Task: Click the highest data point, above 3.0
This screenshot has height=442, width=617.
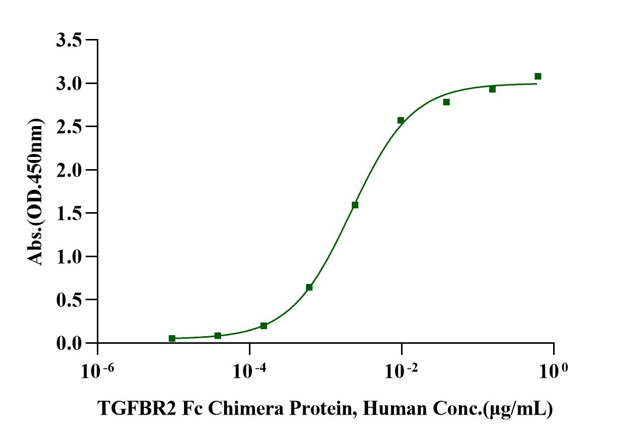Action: click(538, 76)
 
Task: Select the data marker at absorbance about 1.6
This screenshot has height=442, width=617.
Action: click(355, 205)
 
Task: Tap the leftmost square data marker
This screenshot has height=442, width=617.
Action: click(172, 338)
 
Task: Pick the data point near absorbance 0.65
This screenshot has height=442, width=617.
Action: click(309, 288)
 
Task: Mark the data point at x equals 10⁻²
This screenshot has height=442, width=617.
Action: click(401, 120)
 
